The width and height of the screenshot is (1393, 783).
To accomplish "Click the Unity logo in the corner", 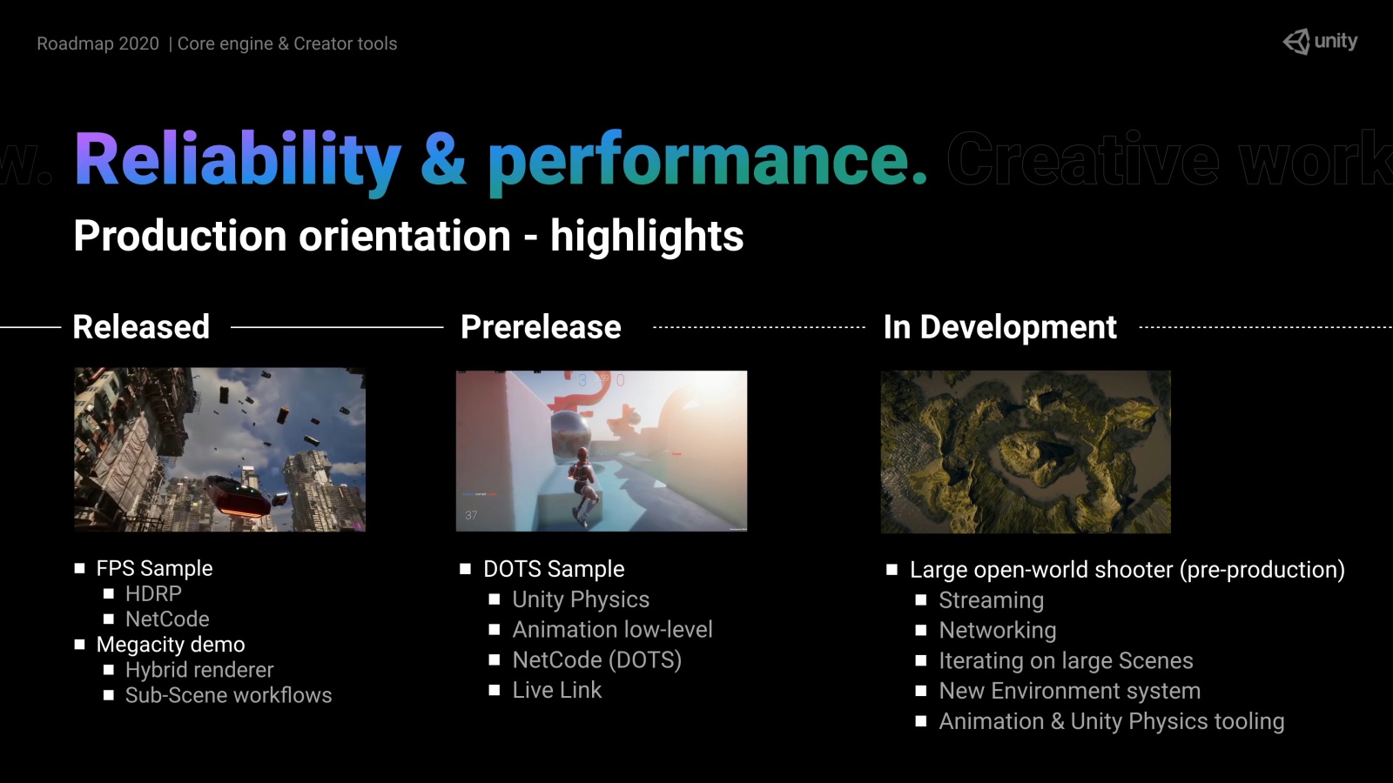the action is [1320, 42].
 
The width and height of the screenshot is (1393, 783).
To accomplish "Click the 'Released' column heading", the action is [141, 327].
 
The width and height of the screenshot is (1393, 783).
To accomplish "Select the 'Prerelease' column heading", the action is [541, 327].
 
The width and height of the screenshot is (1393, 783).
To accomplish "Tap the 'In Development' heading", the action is [1000, 327].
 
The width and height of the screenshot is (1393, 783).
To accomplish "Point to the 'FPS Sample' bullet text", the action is [154, 568].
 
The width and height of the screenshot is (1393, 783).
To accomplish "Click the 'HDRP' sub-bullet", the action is [153, 593].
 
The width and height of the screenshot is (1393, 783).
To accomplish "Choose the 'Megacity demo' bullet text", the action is [171, 645].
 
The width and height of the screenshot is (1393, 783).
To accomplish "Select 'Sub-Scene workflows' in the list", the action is [228, 695].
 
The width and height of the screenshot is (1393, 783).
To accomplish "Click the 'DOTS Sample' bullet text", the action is [554, 569].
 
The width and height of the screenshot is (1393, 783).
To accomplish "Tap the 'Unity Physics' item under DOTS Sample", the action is [581, 599].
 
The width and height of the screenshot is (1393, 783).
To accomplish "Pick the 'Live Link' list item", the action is [557, 690].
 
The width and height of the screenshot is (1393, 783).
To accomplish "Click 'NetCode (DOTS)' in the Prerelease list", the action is [597, 660].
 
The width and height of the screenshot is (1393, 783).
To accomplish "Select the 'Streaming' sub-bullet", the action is [992, 600].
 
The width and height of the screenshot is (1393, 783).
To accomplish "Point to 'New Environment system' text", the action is [1070, 691].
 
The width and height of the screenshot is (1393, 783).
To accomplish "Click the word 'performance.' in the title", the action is [708, 160].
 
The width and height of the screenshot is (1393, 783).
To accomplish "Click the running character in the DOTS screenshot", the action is [582, 487].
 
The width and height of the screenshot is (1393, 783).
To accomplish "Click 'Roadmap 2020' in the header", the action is [98, 43].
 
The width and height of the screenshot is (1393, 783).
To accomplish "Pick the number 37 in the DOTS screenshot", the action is [471, 515].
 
